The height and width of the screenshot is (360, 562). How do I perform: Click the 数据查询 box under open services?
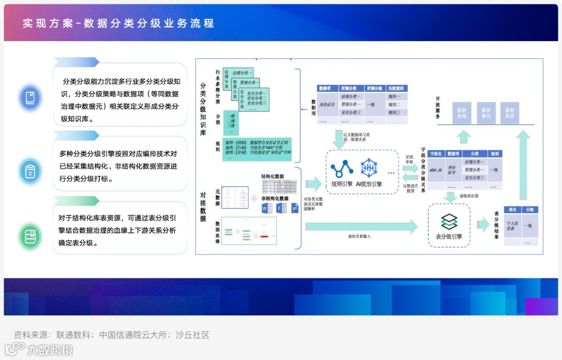coord(462,113)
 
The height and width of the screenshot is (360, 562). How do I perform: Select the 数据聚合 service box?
coord(486,113)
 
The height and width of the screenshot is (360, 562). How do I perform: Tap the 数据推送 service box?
coord(510,113)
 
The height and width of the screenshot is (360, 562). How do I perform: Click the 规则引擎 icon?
coord(342,168)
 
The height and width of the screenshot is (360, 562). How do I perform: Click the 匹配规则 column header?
coord(396,89)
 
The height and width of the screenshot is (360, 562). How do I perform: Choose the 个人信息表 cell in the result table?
coord(513,226)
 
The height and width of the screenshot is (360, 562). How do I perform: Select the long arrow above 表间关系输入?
coord(364,226)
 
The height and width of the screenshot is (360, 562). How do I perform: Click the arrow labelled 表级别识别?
coord(449,197)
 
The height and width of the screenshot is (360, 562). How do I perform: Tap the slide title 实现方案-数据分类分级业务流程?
coord(118,23)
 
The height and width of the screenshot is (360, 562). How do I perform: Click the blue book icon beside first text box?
coord(30,97)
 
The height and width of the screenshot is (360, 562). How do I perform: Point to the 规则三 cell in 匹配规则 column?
coord(394,112)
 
